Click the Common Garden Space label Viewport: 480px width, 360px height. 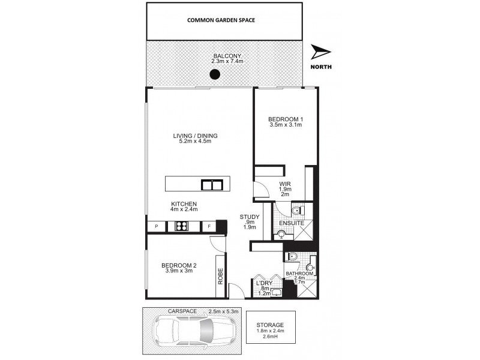(x=221, y=20)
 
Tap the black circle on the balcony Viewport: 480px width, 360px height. (x=214, y=75)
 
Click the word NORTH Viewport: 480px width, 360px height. (x=322, y=67)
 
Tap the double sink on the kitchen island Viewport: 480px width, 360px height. (x=211, y=184)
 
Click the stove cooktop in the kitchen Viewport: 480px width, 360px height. (x=182, y=227)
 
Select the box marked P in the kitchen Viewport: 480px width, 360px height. (x=156, y=227)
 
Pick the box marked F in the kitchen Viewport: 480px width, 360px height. (x=209, y=227)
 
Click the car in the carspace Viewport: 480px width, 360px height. (x=188, y=329)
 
